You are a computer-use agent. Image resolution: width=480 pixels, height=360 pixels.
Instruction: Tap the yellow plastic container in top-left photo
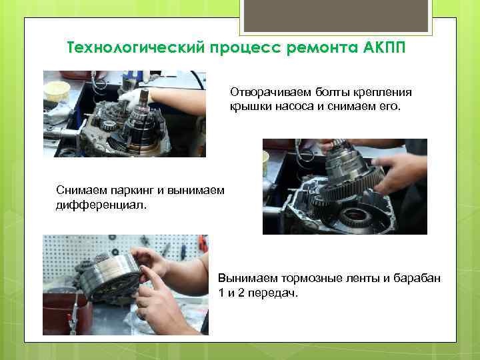click(57, 91)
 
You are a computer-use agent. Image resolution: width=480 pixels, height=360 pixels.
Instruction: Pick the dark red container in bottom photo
click(63, 313)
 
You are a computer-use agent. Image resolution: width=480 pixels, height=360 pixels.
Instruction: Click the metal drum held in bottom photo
click(110, 277)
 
